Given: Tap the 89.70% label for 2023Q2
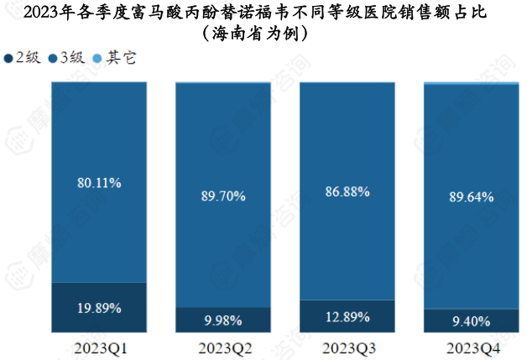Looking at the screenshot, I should point(223,196).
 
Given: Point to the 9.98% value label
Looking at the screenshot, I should point(223,320).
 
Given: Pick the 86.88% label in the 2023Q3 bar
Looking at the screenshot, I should point(347,192).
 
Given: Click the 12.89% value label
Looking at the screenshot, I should point(347,316).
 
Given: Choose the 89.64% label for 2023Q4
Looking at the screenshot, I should point(470,196).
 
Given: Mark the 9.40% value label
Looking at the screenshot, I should point(470,320).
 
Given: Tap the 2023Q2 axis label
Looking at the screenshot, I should point(223,347).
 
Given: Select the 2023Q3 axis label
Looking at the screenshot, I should point(347,347).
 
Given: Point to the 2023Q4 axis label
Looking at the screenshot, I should point(470,347).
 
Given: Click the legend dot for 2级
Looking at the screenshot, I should point(9,58).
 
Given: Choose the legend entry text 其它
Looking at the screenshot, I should point(121,58).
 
